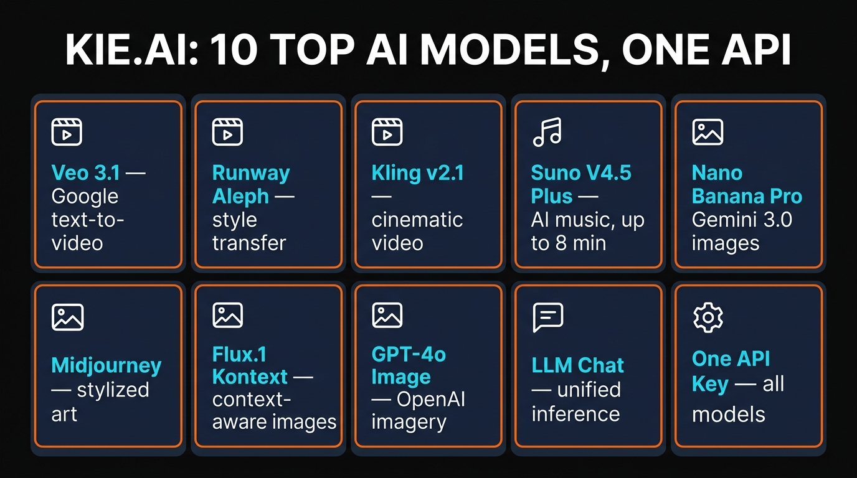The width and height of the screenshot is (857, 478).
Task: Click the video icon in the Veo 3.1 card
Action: point(67,132)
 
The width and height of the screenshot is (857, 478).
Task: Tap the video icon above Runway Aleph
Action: point(227,132)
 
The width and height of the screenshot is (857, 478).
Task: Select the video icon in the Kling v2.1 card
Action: point(387,132)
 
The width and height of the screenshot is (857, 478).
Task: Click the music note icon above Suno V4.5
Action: point(547,132)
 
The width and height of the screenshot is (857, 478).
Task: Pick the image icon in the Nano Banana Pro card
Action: point(708,132)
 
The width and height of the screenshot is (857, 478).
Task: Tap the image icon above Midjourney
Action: point(67,317)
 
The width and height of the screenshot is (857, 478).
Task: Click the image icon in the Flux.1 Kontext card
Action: point(227,315)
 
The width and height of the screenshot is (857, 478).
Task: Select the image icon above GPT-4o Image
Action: point(387,315)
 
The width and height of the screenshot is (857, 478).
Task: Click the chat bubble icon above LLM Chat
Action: point(548,317)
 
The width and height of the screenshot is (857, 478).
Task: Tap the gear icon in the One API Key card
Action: point(708,317)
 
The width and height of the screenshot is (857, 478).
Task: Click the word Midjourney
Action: point(107,365)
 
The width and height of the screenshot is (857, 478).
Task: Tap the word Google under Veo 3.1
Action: point(85,196)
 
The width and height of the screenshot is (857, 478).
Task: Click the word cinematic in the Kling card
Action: point(417,220)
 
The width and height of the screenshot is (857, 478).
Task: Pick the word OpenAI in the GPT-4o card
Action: point(430,400)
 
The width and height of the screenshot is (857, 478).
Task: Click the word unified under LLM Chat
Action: point(589,390)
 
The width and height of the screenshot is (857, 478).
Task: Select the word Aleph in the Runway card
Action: point(240,196)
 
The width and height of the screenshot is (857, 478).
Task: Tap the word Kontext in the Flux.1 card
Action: point(250,377)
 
